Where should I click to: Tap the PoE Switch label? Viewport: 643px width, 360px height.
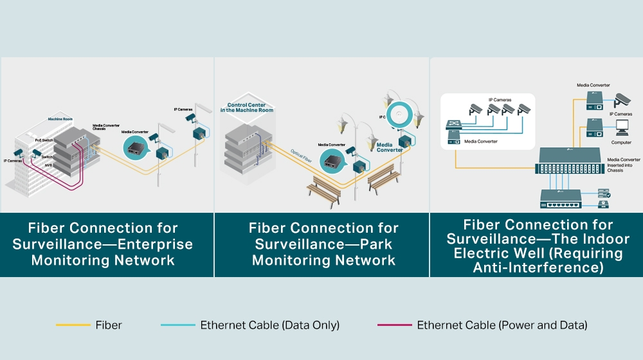click(x=44, y=139)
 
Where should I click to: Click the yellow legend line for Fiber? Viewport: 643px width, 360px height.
click(x=73, y=325)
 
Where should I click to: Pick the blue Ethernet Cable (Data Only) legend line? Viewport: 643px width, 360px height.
click(x=178, y=325)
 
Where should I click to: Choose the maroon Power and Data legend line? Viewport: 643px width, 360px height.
click(x=394, y=325)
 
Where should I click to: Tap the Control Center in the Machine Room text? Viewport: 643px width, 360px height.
click(x=246, y=107)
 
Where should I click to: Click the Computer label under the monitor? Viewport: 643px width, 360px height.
click(x=621, y=142)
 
